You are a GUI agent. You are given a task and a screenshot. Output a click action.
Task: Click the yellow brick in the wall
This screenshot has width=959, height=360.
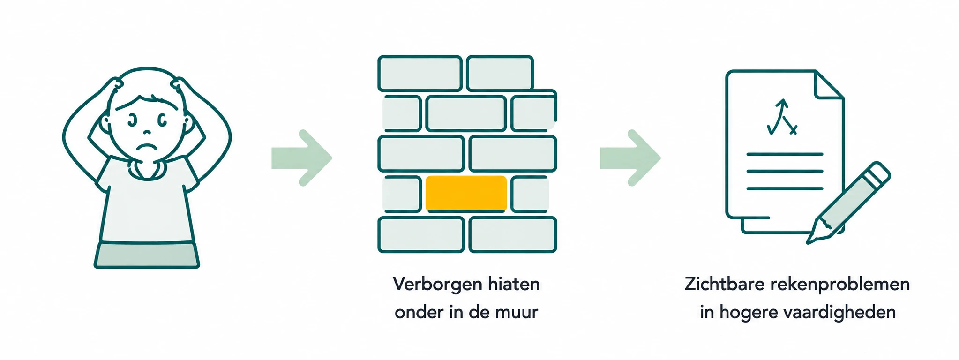tap(466, 193)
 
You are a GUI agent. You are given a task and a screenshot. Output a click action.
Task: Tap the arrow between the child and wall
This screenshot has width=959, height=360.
tap(302, 158)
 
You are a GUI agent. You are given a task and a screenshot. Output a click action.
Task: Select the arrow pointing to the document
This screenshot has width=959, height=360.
tap(630, 158)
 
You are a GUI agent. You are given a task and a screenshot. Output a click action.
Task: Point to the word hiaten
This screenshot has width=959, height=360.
tap(514, 284)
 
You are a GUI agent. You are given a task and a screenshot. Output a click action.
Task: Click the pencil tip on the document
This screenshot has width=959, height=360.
tap(809, 242)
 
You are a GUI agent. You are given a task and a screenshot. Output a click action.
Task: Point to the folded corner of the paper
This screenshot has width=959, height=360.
tap(830, 85)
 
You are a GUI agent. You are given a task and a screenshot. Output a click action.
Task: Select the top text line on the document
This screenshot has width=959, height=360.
tap(785, 154)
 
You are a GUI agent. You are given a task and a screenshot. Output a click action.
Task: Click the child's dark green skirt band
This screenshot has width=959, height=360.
tap(147, 255)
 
